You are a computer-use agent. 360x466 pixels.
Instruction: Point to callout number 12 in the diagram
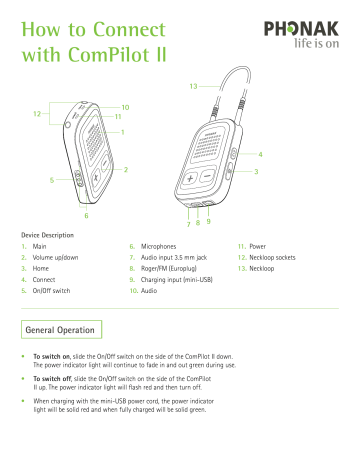tap(37, 113)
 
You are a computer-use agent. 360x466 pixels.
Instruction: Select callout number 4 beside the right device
tap(261, 154)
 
